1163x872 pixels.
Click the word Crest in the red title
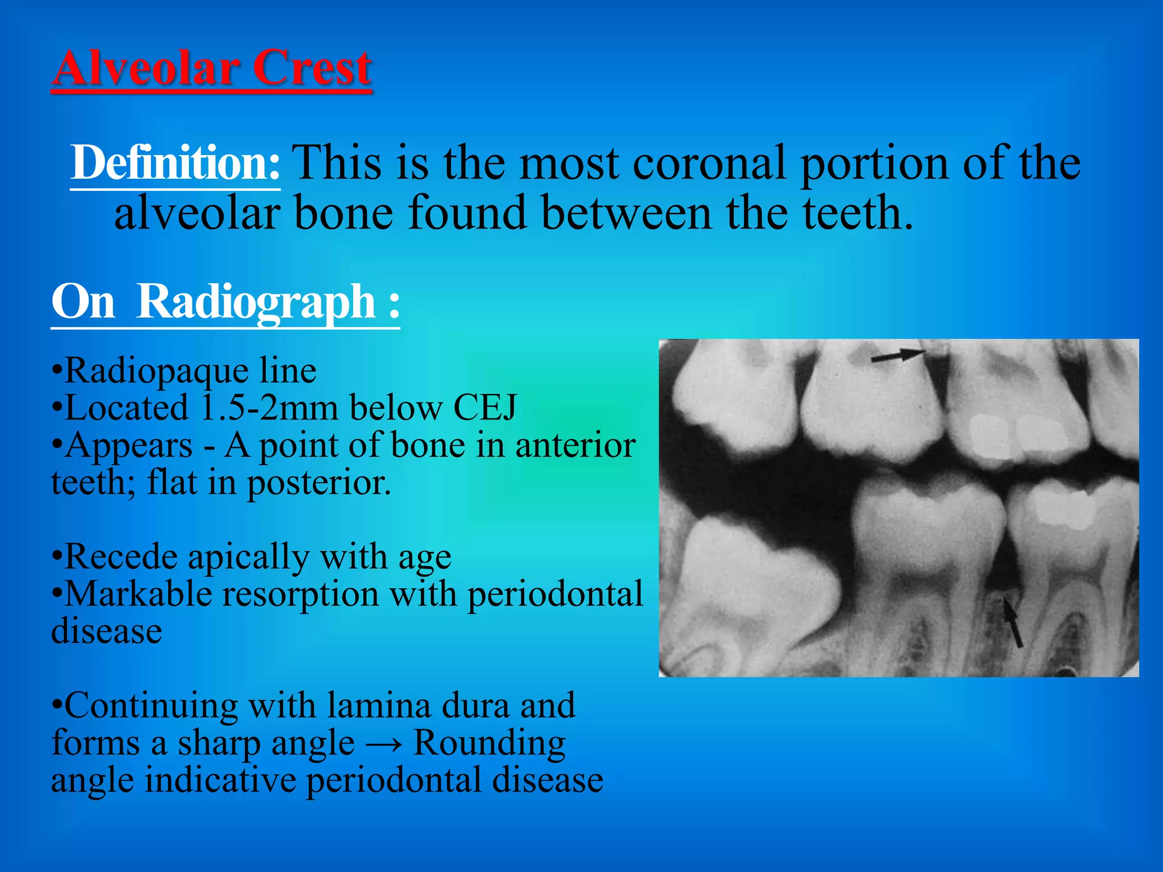click(x=312, y=68)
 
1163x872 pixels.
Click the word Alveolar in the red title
click(x=145, y=68)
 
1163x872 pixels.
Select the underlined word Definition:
click(x=175, y=163)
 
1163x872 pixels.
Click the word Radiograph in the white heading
click(x=256, y=302)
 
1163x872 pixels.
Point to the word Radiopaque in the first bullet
click(x=157, y=371)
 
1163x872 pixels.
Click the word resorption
click(x=300, y=594)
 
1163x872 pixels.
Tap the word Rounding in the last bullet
click(x=489, y=743)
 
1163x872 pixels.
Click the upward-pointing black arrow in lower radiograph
click(x=1013, y=623)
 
